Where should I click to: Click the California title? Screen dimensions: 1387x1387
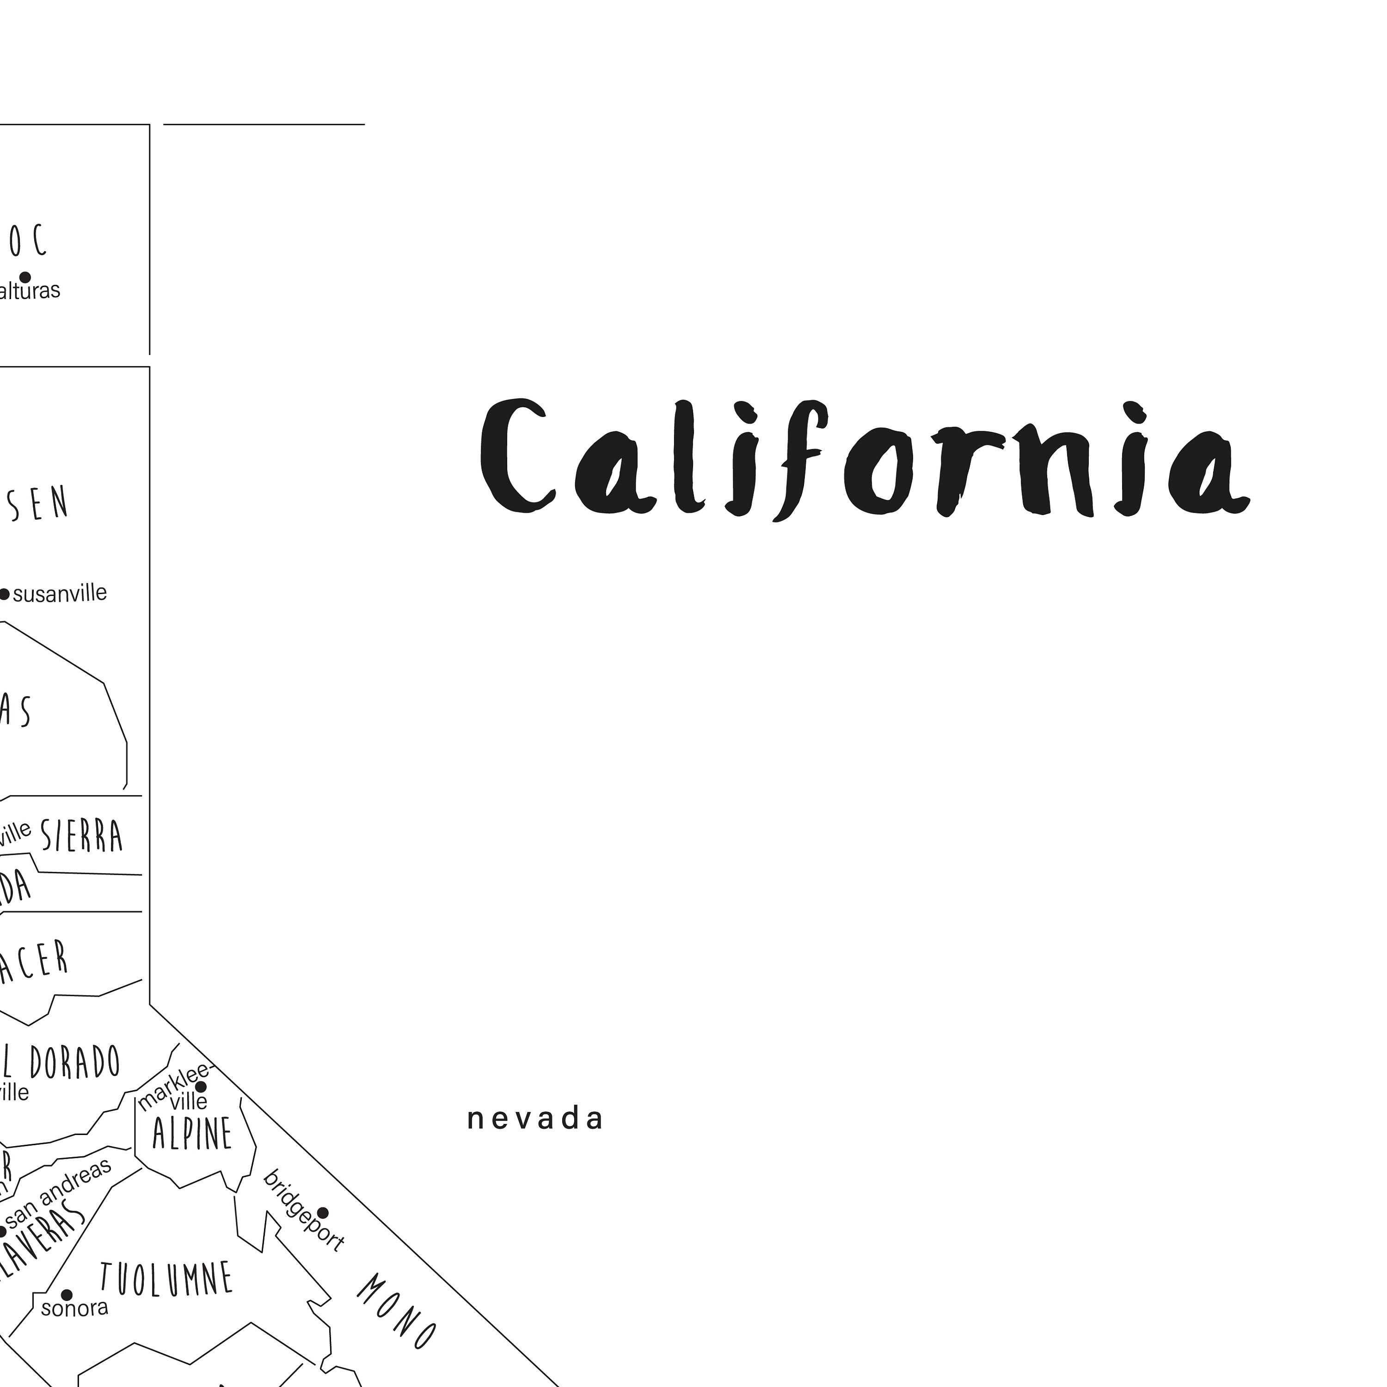click(x=865, y=458)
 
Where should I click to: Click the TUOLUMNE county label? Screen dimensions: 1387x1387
click(x=166, y=1279)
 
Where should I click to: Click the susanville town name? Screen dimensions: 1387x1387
click(x=60, y=594)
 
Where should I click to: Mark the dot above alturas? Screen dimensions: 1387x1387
click(x=25, y=277)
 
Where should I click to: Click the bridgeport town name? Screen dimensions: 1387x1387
click(x=303, y=1209)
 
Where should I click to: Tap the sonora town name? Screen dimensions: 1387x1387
click(x=74, y=1308)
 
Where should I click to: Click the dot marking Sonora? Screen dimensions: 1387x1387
click(x=67, y=1295)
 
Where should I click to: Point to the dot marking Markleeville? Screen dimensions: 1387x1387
click(x=201, y=1087)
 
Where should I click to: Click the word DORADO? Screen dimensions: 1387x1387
click(x=74, y=1062)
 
